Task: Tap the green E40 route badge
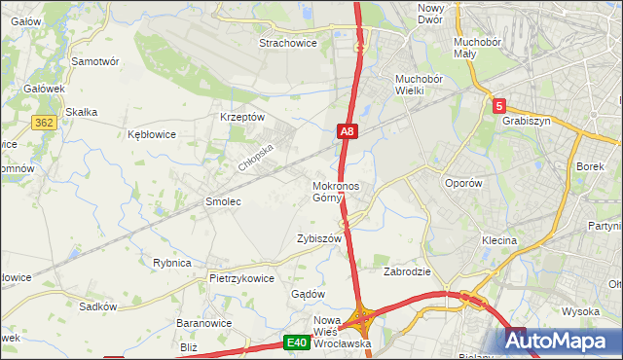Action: pos(298,342)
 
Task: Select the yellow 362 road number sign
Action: pos(43,123)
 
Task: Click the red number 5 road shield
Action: pos(498,105)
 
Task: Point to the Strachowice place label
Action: pos(289,43)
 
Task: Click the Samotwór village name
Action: pos(95,60)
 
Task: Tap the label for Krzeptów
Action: pos(242,117)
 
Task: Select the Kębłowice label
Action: pos(152,135)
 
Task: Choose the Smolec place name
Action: pos(222,201)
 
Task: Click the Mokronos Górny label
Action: pos(336,192)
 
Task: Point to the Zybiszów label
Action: pos(319,238)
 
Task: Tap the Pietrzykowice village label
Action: pos(241,277)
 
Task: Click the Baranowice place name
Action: pos(202,322)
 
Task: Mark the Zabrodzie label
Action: pos(407,271)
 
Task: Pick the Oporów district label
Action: pos(462,183)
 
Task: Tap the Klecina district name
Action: pos(498,239)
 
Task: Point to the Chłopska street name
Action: pos(257,156)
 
